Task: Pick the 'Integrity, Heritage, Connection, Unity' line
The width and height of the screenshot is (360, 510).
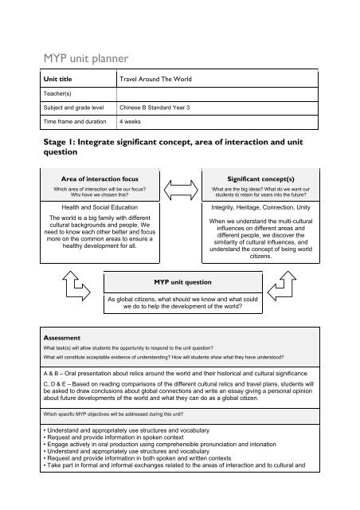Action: [260, 206]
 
